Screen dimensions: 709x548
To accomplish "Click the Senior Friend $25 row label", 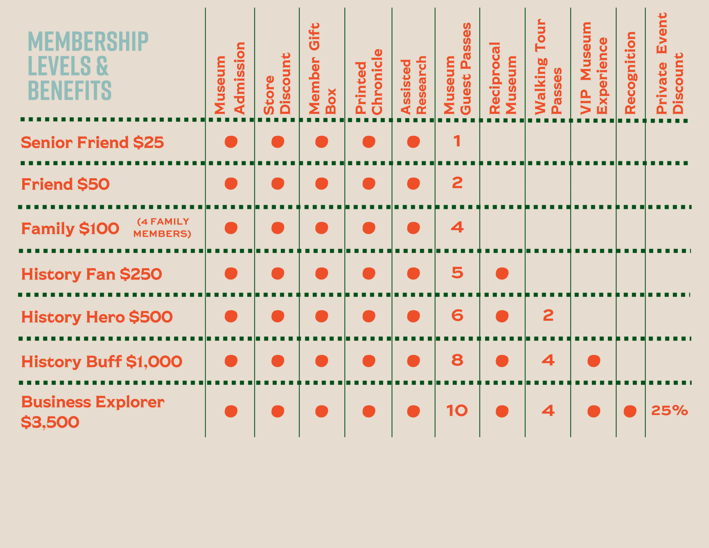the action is pos(92,143).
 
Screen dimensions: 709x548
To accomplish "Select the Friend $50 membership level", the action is pos(65,184).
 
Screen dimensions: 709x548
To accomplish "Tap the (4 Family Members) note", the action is pos(162,228).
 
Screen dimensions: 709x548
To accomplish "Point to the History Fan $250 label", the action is pos(91,274).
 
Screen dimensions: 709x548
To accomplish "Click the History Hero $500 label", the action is pos(97,317).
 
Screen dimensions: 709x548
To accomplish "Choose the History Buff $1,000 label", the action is pos(102,362).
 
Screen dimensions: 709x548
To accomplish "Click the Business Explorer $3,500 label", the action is pos(93,412).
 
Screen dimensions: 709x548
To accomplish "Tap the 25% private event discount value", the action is pos(669,411).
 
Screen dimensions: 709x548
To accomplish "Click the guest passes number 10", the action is pos(457,411).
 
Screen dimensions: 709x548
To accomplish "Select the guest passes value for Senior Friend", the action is pos(457,141).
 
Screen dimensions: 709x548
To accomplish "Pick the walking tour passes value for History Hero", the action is pos(548,315).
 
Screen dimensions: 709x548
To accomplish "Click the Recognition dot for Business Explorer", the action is pos(630,411).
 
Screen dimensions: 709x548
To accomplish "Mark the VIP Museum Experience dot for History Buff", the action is pos(594,361).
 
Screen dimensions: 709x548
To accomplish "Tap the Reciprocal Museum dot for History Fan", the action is pos(502,273).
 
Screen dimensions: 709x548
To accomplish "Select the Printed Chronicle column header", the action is pos(369,82).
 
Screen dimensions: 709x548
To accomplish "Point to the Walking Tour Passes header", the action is pos(548,67).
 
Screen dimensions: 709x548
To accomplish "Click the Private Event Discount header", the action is pos(669,63).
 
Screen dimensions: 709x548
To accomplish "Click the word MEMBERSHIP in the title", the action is pos(88,41).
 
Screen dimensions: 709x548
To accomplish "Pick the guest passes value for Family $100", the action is pos(457,227).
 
